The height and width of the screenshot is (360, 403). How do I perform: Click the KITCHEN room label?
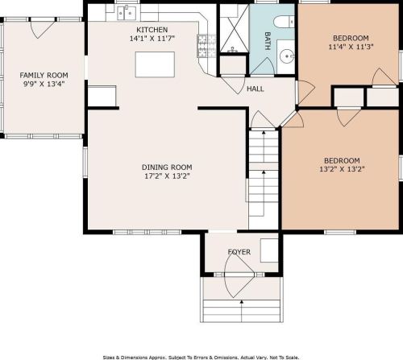pyautogui.click(x=152, y=30)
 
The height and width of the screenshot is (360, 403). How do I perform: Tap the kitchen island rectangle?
pyautogui.click(x=155, y=64)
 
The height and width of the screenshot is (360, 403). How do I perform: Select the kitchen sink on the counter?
pyautogui.click(x=127, y=13)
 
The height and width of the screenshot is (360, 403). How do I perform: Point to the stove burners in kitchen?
pyautogui.click(x=206, y=46)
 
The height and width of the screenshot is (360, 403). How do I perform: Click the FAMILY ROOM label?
pyautogui.click(x=44, y=75)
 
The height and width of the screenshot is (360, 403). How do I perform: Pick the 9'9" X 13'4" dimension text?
pyautogui.click(x=44, y=84)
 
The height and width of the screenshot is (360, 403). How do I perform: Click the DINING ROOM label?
pyautogui.click(x=167, y=168)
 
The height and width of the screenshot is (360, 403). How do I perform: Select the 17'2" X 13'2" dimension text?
pyautogui.click(x=167, y=176)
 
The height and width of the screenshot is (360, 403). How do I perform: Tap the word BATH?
pyautogui.click(x=268, y=41)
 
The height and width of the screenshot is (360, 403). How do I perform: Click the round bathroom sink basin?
pyautogui.click(x=287, y=56)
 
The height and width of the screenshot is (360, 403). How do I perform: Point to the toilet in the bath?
pyautogui.click(x=284, y=22)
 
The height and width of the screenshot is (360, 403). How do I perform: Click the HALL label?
pyautogui.click(x=256, y=89)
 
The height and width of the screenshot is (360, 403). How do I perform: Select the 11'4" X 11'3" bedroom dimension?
pyautogui.click(x=351, y=47)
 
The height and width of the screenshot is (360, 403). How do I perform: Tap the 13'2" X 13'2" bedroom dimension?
pyautogui.click(x=342, y=169)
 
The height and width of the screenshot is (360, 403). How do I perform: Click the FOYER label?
pyautogui.click(x=239, y=252)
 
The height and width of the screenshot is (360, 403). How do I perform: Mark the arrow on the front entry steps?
pyautogui.click(x=242, y=311)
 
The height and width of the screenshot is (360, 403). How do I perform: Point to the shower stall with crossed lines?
pyautogui.click(x=235, y=28)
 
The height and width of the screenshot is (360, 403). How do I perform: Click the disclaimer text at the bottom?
pyautogui.click(x=201, y=358)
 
